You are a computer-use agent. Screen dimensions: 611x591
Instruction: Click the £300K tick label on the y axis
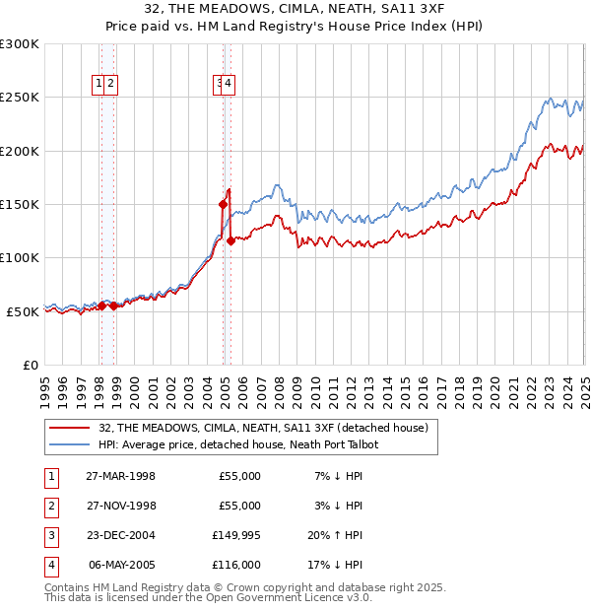tap(20, 44)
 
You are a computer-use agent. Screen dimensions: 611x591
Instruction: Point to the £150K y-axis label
tap(20, 204)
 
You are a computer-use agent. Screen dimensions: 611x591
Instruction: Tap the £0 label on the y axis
tap(30, 365)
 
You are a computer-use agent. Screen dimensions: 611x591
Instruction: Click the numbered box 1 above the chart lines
tap(99, 85)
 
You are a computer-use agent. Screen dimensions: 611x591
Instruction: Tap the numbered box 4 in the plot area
tap(228, 85)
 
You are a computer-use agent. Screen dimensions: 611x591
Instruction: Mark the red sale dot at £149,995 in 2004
tap(223, 204)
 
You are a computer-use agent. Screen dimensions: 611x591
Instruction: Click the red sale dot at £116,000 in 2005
tap(230, 240)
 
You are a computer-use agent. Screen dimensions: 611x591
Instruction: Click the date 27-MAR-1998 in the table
tap(120, 476)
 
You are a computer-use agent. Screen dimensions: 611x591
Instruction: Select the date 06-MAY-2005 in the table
tap(120, 565)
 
